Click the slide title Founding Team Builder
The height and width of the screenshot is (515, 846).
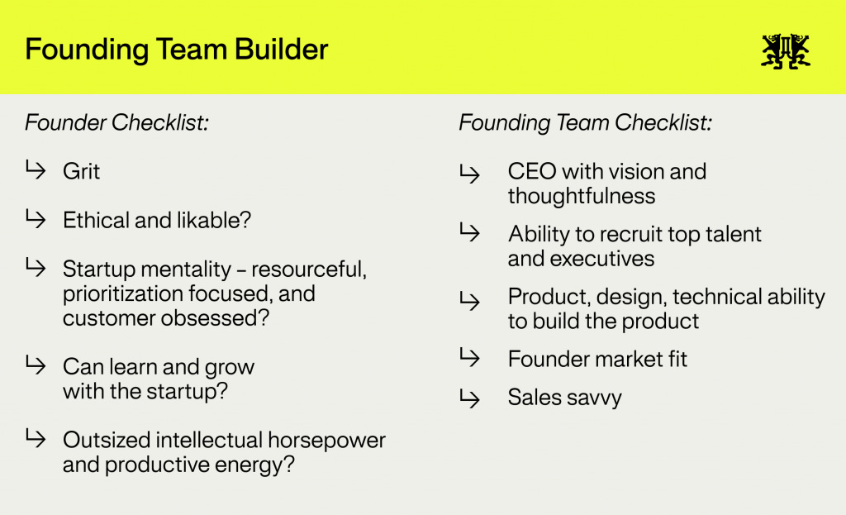coord(176,49)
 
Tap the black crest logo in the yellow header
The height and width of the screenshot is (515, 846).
coord(785,50)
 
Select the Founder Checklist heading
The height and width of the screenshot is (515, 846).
coord(116,123)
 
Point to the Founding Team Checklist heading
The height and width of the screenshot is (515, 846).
coord(585,123)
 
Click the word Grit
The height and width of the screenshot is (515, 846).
coord(81,171)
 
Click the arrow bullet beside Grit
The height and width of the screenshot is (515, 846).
coord(36,170)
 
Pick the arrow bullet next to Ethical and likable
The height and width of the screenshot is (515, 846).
coord(36,219)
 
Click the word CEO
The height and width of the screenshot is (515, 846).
coord(531,171)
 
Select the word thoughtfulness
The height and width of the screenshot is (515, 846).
coord(581,196)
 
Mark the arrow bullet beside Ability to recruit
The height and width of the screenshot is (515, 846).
coord(469,233)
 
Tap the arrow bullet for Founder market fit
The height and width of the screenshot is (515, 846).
coord(469,358)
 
